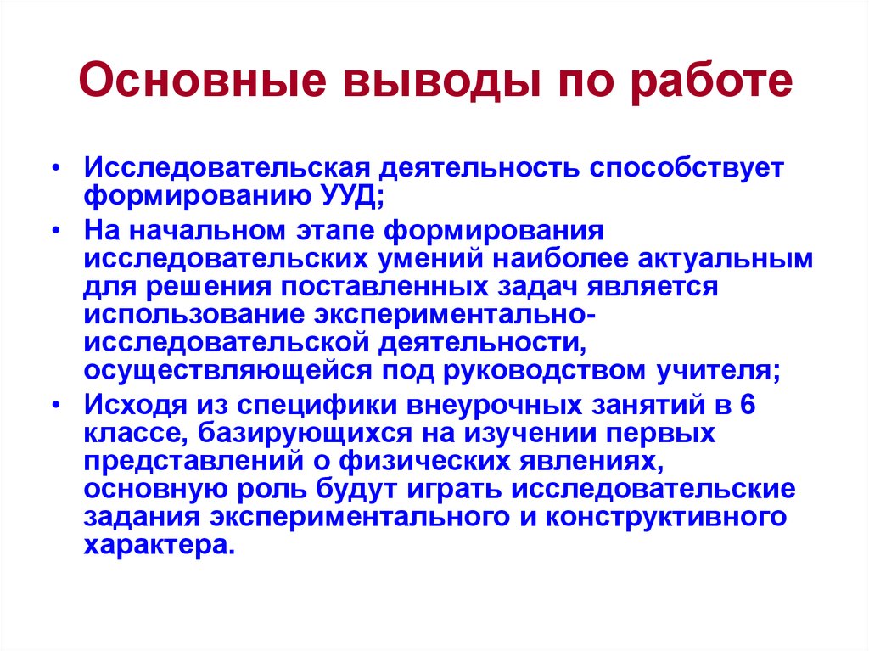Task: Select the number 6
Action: (x=747, y=405)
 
